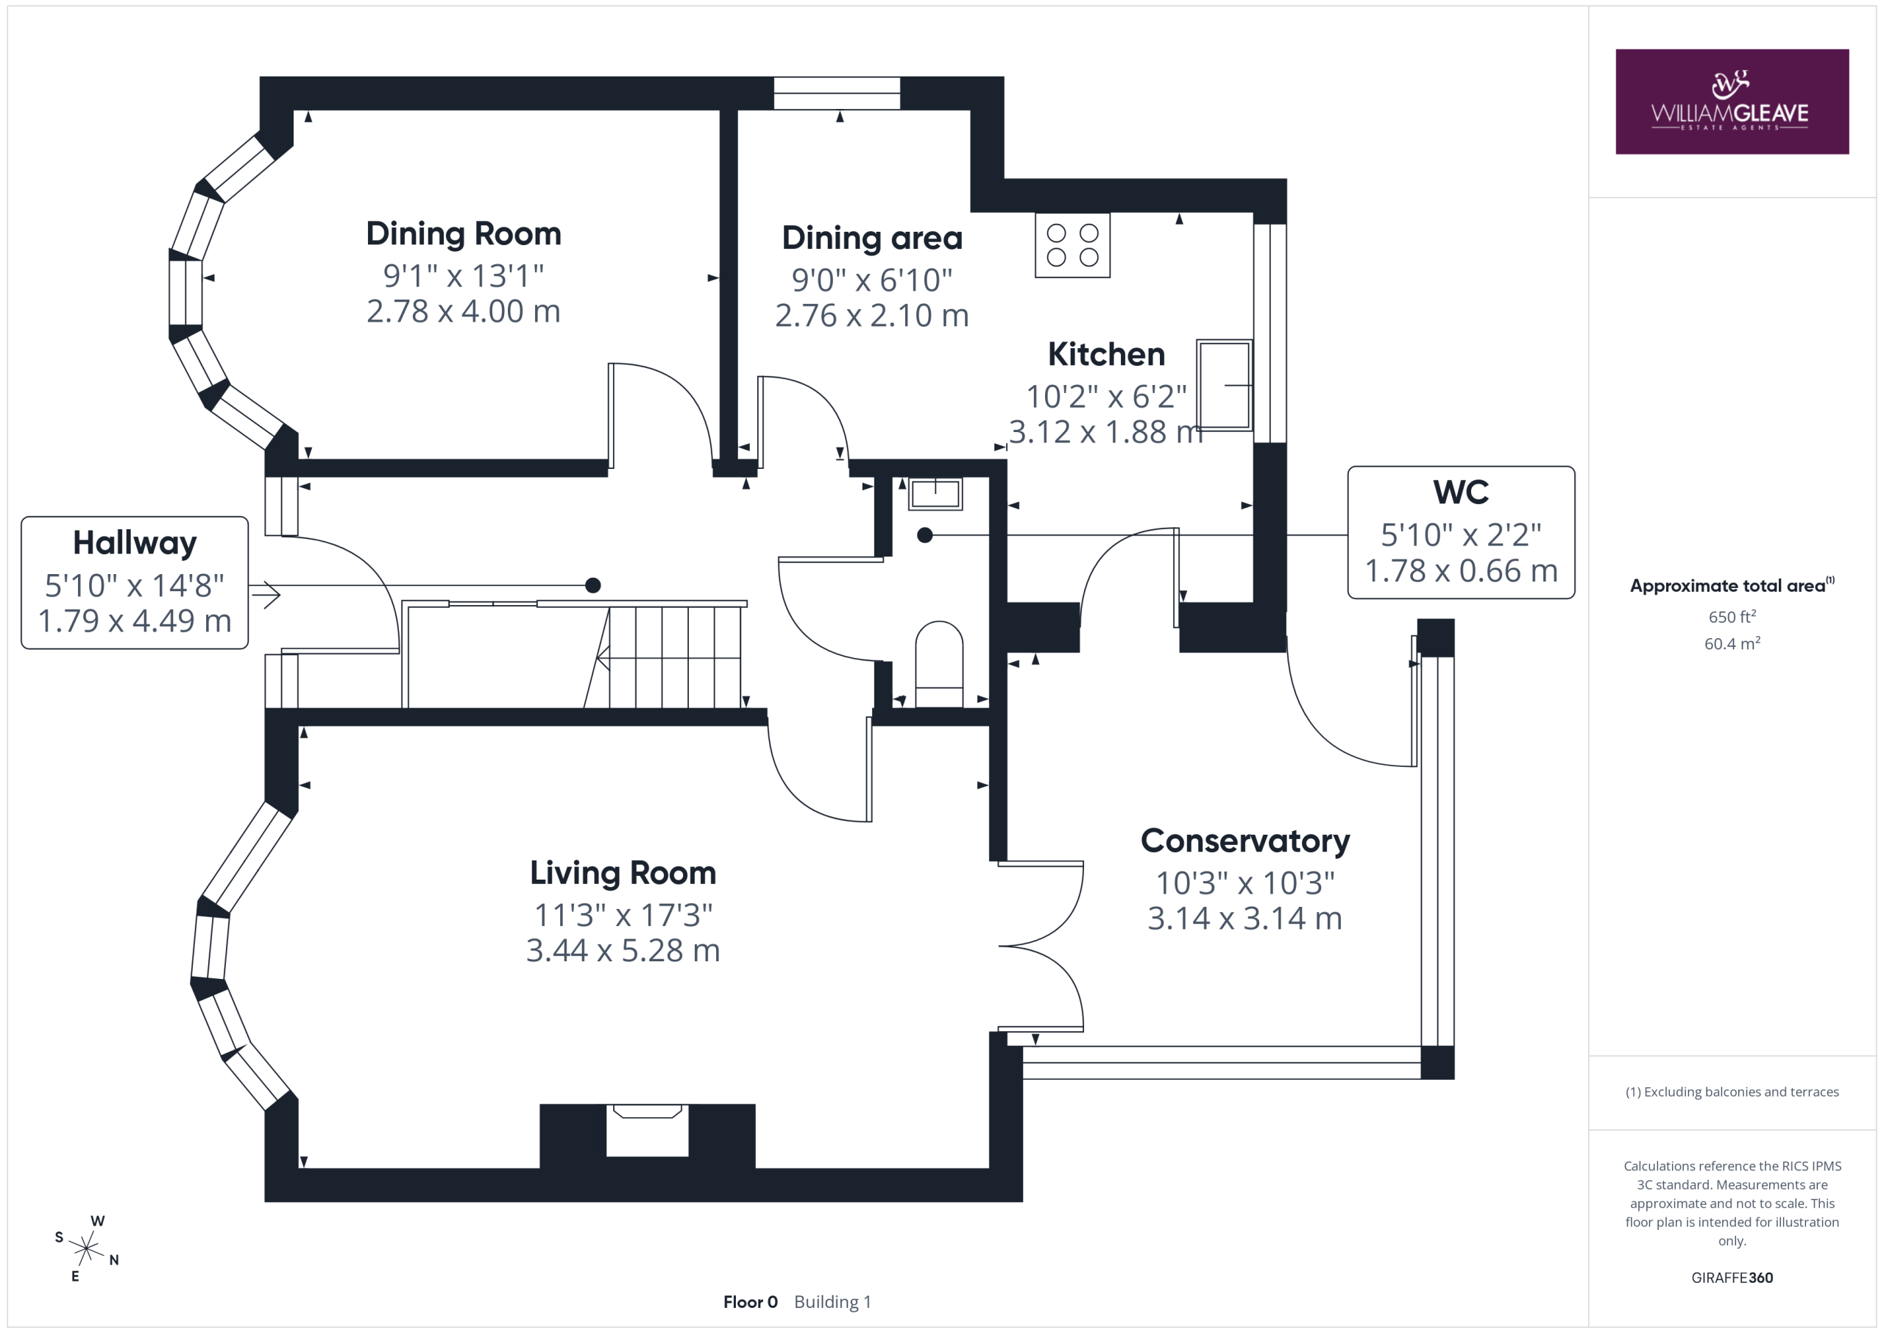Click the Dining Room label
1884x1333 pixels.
tap(464, 234)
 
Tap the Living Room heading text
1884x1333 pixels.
tap(623, 872)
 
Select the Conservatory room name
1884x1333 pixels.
tap(1244, 841)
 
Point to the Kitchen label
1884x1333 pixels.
tap(1106, 355)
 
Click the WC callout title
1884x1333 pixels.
tap(1461, 492)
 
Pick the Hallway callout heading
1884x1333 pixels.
tap(135, 543)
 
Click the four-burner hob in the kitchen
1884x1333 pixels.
tap(1072, 245)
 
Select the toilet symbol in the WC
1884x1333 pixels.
tap(939, 664)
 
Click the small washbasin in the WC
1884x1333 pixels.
tap(935, 494)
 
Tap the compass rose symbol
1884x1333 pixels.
tap(86, 1248)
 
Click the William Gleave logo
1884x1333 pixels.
tap(1732, 102)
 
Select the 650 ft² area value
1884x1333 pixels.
tap(1732, 616)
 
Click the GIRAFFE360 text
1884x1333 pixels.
tap(1732, 1277)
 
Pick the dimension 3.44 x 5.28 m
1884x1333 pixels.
tap(623, 950)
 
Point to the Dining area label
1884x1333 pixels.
tap(872, 238)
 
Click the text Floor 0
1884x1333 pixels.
tap(750, 1302)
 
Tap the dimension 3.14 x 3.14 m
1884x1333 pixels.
tap(1244, 919)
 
